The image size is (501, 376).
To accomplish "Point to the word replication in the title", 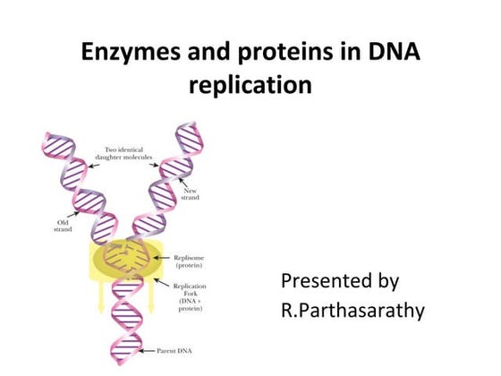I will [250, 86].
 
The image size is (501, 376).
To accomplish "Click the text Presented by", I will [340, 281].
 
